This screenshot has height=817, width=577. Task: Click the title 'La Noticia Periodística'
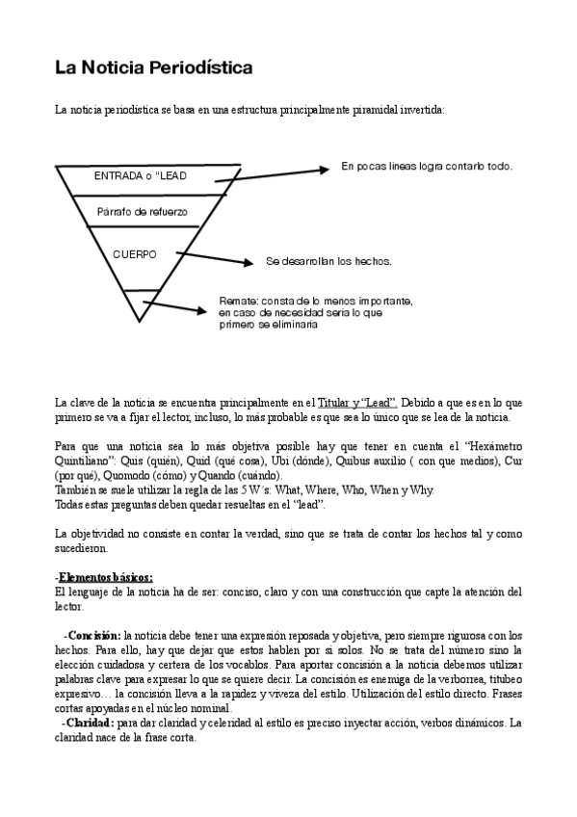pos(153,68)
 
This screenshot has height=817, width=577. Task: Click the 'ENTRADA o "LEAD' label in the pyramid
pos(141,176)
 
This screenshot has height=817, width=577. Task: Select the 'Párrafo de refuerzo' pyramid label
pos(143,211)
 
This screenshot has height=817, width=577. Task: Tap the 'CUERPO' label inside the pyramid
pos(135,254)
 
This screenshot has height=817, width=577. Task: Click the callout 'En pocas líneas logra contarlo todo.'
pos(427,167)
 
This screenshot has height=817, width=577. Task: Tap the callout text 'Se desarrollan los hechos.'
pos(328,261)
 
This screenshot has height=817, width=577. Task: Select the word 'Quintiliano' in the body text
pos(84,461)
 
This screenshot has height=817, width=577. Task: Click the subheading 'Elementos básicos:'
pos(105,577)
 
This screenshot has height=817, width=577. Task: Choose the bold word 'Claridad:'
pos(90,723)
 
